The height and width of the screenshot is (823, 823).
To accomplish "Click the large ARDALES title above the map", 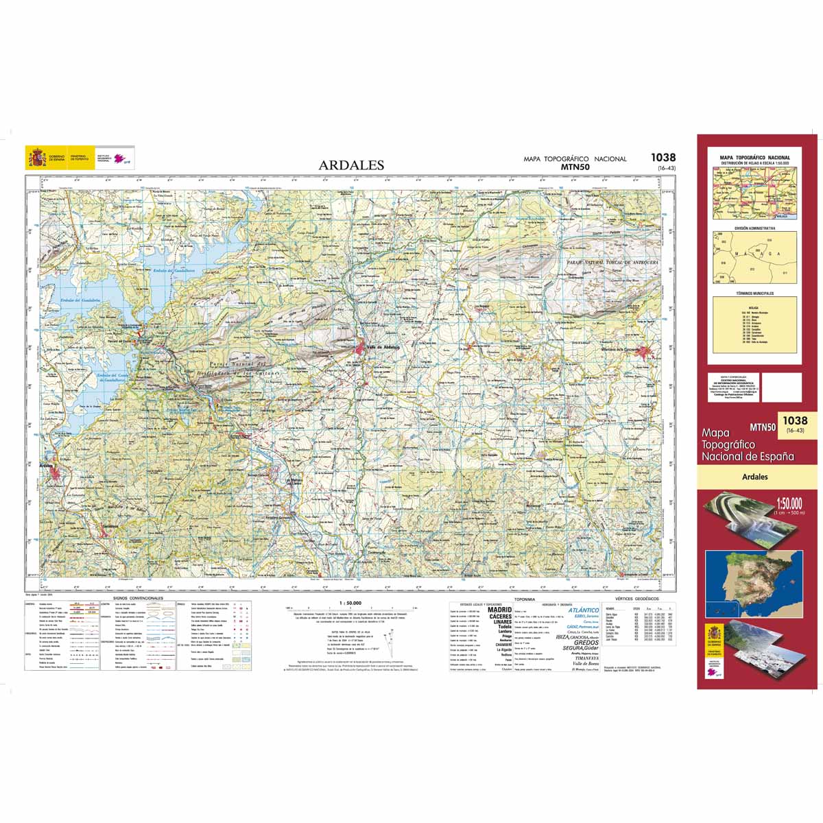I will click(x=351, y=165).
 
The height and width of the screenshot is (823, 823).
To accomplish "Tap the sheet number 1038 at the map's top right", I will click(x=663, y=158).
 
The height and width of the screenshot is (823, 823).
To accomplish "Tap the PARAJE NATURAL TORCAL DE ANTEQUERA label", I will click(x=612, y=263).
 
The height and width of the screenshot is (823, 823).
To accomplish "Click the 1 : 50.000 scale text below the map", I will click(x=350, y=603).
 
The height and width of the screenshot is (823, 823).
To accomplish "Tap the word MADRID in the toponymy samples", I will click(x=499, y=609).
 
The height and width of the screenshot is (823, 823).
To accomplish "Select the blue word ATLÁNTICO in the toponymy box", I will click(x=584, y=610).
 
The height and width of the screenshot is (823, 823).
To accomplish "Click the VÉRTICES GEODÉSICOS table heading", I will click(x=637, y=599).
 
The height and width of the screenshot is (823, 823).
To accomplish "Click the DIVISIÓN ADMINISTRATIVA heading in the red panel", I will click(x=754, y=228).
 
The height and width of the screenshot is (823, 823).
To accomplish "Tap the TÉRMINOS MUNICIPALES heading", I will click(x=754, y=293).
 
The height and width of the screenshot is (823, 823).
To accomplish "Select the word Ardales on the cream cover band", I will click(x=754, y=477).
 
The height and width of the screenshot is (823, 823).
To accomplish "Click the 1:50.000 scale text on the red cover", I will click(x=787, y=504).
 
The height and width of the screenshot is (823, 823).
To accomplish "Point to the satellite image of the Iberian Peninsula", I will click(x=754, y=582).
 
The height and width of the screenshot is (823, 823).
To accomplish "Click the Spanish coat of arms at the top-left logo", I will click(x=35, y=158).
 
